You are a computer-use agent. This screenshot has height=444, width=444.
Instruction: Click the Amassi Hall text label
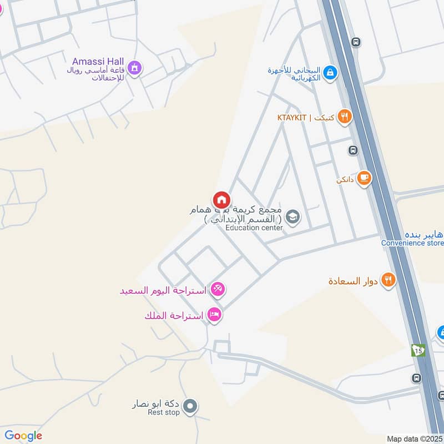[x=98, y=60]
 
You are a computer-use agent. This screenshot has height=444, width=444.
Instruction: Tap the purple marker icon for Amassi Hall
[x=134, y=69]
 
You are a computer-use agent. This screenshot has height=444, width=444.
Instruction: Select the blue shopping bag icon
[x=330, y=73]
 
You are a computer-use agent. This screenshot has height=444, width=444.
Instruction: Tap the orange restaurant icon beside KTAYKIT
[x=345, y=117]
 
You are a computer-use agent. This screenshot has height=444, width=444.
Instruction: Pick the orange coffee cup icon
[x=364, y=179]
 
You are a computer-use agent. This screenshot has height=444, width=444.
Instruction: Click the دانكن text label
[x=345, y=180]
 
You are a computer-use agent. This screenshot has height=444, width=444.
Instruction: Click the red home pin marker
[x=221, y=200]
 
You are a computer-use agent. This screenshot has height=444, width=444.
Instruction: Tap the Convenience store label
[x=412, y=243]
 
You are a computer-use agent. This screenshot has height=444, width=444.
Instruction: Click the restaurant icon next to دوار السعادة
[x=389, y=280]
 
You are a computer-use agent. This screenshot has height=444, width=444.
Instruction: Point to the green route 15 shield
[x=418, y=350]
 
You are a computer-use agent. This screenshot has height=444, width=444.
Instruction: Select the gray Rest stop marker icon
[x=190, y=407]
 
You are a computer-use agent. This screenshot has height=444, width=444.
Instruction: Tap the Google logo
[x=23, y=436]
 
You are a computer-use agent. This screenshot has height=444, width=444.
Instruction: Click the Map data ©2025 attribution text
[x=413, y=438]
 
